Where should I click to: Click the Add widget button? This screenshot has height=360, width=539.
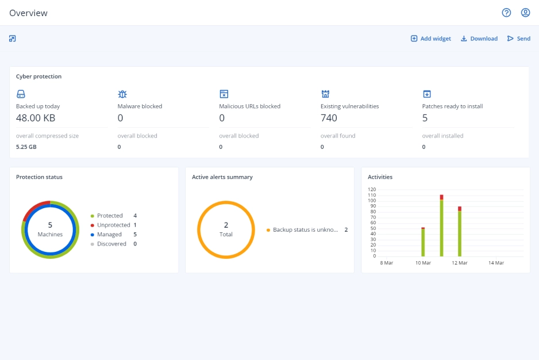tap(430, 39)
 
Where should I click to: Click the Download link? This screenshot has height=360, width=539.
tap(479, 39)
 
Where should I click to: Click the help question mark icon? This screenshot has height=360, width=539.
tap(506, 13)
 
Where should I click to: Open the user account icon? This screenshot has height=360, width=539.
tap(525, 13)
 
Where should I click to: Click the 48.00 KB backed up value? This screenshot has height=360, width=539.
tap(36, 118)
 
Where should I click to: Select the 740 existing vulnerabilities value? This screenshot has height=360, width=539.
tap(329, 118)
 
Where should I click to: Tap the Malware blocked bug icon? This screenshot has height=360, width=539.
tap(122, 94)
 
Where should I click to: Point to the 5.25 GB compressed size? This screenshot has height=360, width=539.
tap(26, 147)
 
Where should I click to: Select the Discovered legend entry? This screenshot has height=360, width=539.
tap(111, 244)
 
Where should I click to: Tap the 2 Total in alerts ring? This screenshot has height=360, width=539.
tap(226, 229)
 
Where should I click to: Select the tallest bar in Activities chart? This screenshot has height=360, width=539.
tap(441, 227)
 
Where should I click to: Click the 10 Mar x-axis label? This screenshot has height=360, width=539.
tap(422, 263)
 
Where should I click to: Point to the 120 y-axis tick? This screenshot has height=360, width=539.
tap(372, 190)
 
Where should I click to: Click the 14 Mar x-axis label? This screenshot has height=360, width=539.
tap(496, 263)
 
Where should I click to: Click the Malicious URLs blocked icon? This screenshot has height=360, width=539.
tap(224, 94)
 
